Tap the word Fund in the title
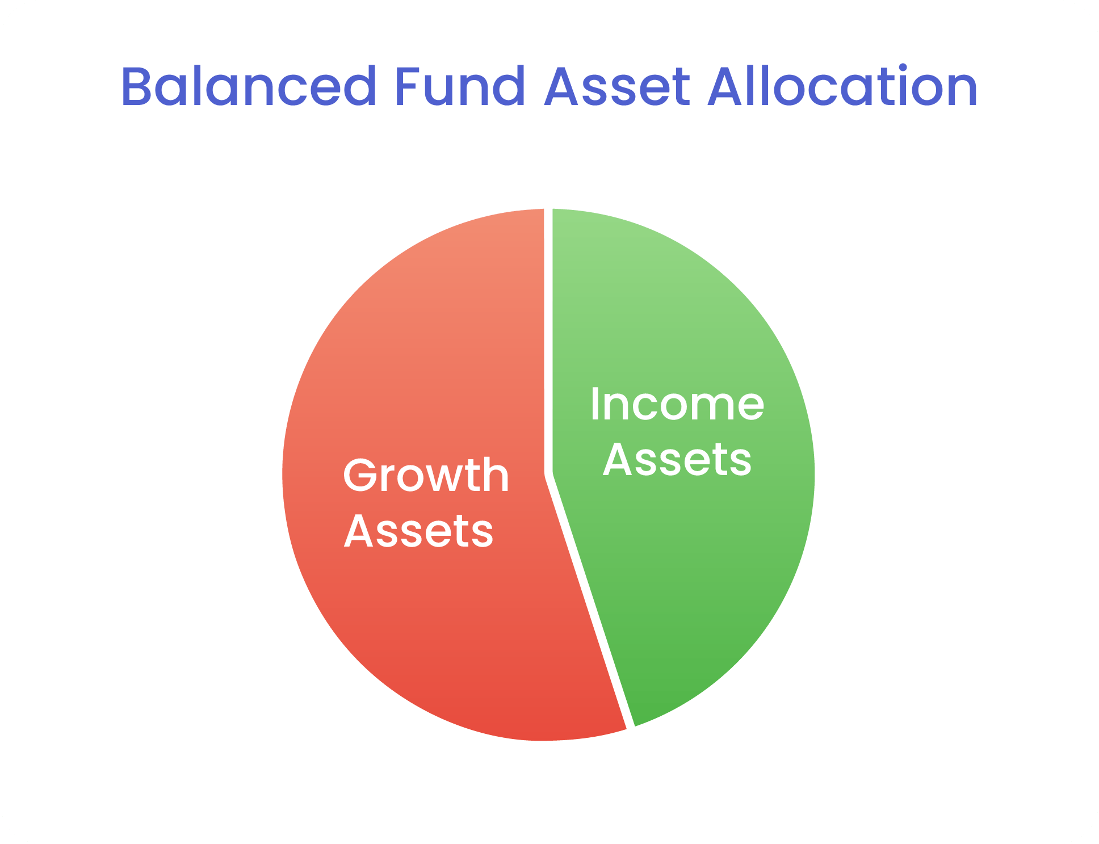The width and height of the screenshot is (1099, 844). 459,87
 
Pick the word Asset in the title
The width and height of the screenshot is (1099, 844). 617,87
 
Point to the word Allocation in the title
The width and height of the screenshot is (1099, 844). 843,86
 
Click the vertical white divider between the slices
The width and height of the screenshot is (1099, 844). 548,341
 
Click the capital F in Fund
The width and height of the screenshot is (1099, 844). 408,87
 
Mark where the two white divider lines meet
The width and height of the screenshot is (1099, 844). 548,474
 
